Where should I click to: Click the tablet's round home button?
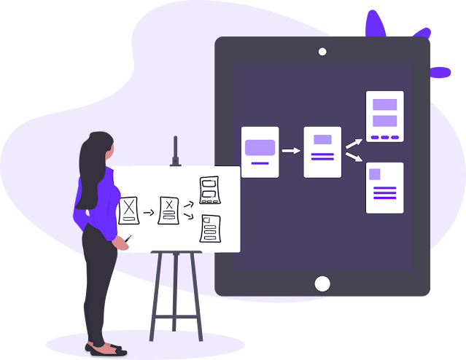(322, 283)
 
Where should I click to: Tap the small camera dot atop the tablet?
(322, 52)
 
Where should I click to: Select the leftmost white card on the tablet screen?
(260, 152)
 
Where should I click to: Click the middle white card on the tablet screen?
(322, 152)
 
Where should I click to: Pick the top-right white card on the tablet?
(384, 117)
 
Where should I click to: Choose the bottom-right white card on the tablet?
(384, 187)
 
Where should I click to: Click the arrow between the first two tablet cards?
(291, 151)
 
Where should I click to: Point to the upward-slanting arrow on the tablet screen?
(354, 143)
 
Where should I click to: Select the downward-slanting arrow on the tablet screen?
(354, 159)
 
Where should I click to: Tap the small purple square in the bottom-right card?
(375, 174)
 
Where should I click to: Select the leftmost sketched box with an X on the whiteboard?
(129, 209)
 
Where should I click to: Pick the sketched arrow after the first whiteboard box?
(149, 213)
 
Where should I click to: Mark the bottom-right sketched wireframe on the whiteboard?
(210, 229)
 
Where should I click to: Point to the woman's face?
(110, 149)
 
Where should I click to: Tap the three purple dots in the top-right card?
(384, 137)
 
